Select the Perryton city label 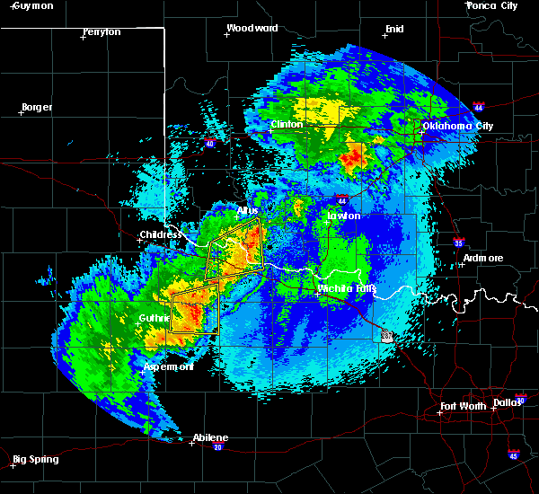coord(101,31)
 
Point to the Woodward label coord(252,28)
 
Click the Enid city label coord(393,29)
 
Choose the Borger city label coord(36,107)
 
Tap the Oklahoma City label coord(458,126)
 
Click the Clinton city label coord(290,125)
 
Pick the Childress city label coord(160,235)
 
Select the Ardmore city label coord(482,259)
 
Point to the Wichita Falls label coord(347,288)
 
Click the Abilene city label coord(210,437)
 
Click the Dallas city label coord(508,401)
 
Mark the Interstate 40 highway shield coord(209,143)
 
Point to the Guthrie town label coord(154,318)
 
